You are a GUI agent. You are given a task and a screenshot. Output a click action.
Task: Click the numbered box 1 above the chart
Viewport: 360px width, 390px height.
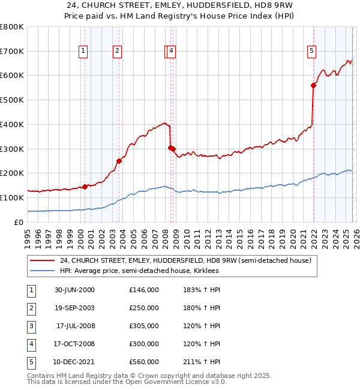point(83,52)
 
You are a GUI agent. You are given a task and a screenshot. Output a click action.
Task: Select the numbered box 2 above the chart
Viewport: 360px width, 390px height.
point(117,52)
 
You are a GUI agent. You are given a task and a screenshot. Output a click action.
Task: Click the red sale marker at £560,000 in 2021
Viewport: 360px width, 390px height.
point(313,85)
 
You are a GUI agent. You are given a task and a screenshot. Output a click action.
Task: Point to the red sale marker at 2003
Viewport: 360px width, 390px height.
point(119,161)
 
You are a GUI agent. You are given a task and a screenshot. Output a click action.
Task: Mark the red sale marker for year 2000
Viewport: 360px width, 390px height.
point(85,186)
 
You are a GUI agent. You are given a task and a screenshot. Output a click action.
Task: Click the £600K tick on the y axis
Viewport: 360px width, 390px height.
point(12,76)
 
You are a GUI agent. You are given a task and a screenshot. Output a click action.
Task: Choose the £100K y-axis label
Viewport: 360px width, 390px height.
point(12,197)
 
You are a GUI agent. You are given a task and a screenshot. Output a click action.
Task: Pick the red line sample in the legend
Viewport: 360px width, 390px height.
point(43,261)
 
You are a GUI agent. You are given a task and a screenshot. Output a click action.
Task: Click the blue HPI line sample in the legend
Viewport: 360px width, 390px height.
point(43,271)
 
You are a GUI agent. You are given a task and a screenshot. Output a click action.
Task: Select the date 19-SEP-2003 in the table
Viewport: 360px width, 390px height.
point(74,308)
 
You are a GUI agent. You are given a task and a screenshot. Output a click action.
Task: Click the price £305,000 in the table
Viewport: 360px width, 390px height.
point(144,326)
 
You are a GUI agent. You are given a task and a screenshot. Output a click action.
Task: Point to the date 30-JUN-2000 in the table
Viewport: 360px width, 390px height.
point(74,290)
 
